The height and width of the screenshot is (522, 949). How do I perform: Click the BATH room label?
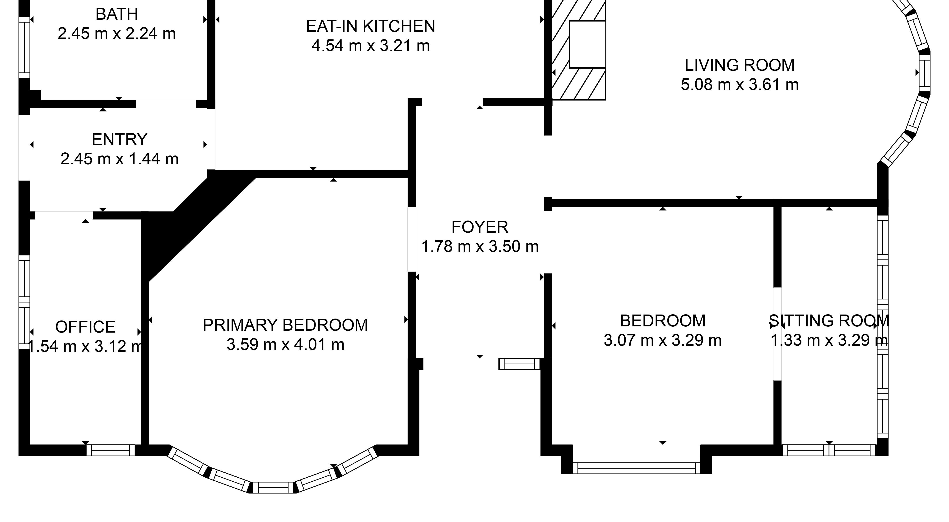[x=117, y=14]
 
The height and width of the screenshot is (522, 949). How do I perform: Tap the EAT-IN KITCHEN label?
[x=371, y=26]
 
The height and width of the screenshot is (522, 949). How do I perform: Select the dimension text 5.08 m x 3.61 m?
[x=739, y=85]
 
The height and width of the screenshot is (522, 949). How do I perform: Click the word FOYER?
[x=480, y=227]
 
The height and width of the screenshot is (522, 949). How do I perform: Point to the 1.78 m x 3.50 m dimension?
[x=480, y=247]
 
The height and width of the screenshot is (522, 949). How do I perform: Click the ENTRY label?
[x=119, y=139]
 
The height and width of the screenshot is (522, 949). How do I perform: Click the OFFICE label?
[x=85, y=327]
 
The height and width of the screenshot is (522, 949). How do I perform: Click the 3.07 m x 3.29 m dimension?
[x=662, y=340]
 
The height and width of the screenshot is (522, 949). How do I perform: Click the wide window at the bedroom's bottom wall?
[x=637, y=468]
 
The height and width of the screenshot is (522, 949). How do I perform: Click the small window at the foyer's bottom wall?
[x=519, y=364]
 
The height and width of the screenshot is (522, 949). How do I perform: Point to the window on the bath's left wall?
[x=24, y=47]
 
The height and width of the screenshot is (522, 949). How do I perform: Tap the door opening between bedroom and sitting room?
[x=777, y=334]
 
